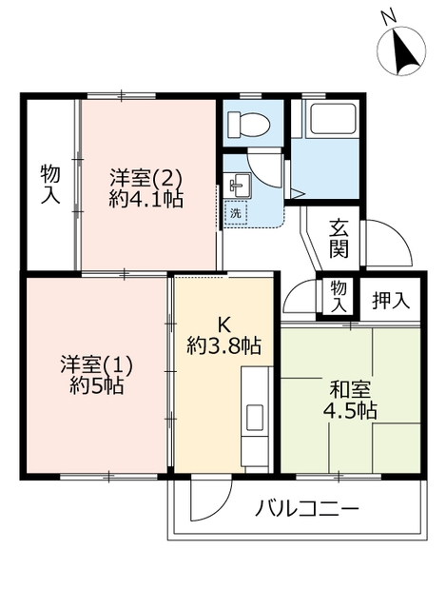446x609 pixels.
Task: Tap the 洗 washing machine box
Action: [x=235, y=213]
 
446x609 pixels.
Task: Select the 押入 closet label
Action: [x=391, y=300]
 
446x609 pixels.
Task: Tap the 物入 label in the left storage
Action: [x=50, y=183]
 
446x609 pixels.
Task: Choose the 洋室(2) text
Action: [x=145, y=178]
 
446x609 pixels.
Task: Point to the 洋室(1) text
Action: [x=96, y=364]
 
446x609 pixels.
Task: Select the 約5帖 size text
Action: [x=96, y=386]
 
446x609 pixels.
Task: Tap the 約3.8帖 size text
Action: [x=223, y=346]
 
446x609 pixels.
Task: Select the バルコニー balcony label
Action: [x=306, y=509]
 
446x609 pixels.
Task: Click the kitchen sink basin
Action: [x=255, y=417]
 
